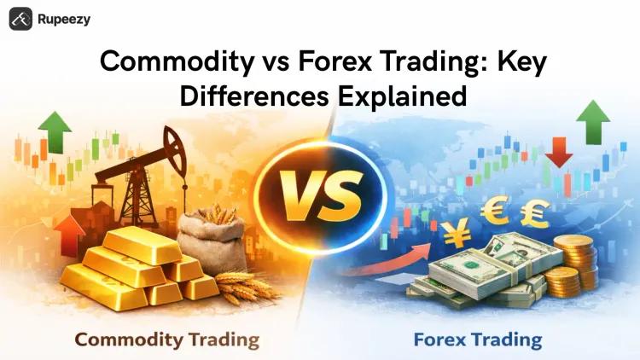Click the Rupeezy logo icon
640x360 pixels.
(20, 19)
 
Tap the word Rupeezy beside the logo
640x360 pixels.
(63, 19)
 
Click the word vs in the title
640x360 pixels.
(257, 62)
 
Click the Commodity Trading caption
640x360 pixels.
(166, 340)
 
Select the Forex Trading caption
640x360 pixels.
(477, 340)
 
